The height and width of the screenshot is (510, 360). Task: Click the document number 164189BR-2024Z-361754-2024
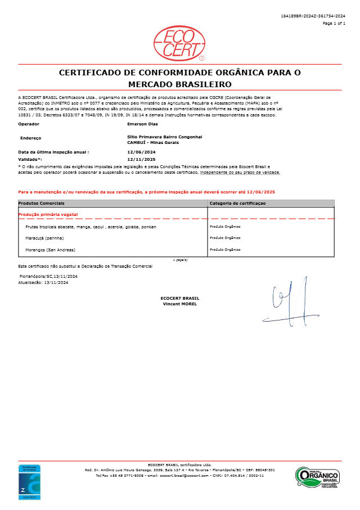pos(313,16)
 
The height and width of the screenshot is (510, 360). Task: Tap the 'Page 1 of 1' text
pos(334,24)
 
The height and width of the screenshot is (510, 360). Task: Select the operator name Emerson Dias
pos(143,123)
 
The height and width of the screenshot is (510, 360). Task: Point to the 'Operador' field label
pos(29,123)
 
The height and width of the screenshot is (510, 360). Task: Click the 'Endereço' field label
pos(30,137)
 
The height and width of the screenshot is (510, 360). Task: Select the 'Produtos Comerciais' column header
pos(42,202)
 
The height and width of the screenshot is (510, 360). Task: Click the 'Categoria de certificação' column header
pos(237,202)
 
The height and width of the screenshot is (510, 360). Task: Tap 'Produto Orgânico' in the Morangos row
pos(225,249)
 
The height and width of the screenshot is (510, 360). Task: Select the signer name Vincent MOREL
pos(179,304)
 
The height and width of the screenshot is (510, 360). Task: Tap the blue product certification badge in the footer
pos(29,482)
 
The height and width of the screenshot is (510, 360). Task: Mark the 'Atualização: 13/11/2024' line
pos(44,282)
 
